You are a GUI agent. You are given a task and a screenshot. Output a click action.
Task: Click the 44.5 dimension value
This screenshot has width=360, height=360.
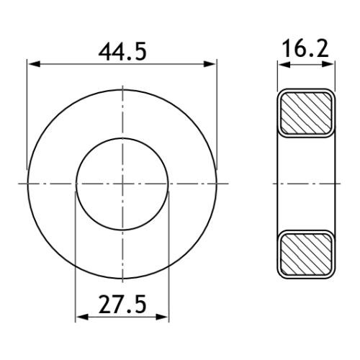tap(122, 53)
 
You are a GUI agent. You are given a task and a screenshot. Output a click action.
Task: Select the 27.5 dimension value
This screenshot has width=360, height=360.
tap(122, 305)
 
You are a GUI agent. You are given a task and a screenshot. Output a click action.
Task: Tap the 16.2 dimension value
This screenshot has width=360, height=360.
tap(305, 49)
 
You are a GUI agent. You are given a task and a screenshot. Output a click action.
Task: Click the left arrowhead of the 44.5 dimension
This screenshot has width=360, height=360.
tap(33, 64)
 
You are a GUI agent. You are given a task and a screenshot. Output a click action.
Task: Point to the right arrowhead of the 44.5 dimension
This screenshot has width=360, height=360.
tap(210, 64)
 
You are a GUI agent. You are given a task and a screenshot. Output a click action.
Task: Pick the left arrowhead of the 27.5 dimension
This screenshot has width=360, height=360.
tap(82, 317)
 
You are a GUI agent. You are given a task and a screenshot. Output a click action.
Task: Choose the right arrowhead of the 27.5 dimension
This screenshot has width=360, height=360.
tap(162, 317)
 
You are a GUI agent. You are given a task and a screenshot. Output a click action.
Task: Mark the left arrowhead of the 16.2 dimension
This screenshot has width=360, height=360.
tap(284, 64)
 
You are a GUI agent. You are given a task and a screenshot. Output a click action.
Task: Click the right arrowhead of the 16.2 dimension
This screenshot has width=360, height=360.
tap(328, 64)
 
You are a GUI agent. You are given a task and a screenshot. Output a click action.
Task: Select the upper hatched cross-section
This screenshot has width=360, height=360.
tap(306, 113)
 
